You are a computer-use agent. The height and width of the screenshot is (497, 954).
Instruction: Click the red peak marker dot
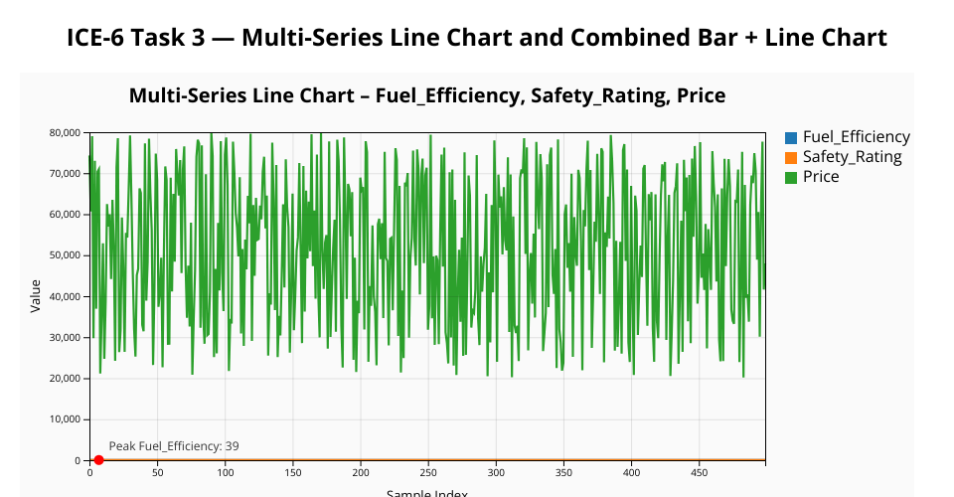pyautogui.click(x=98, y=459)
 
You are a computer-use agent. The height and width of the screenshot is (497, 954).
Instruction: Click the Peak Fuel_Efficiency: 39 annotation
pyautogui.click(x=173, y=446)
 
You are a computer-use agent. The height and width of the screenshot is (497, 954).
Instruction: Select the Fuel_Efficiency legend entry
pyautogui.click(x=856, y=137)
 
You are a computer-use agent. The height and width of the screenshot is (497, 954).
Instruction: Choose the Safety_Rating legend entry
pyautogui.click(x=852, y=157)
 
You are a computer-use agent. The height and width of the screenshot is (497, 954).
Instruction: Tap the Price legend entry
pyautogui.click(x=821, y=177)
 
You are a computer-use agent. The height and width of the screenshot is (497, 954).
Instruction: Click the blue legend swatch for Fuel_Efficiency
pyautogui.click(x=791, y=137)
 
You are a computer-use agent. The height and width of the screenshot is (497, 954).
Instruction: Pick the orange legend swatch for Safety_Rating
pyautogui.click(x=791, y=157)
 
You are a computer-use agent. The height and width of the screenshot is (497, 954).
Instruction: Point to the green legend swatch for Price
pyautogui.click(x=791, y=177)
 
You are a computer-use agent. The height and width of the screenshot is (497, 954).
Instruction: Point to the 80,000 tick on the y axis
pyautogui.click(x=65, y=133)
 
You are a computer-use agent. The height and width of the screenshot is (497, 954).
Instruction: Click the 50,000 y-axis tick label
pyautogui.click(x=65, y=255)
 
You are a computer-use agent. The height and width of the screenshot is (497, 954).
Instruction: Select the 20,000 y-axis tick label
pyautogui.click(x=65, y=379)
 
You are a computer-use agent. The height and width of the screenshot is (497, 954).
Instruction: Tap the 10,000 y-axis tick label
pyautogui.click(x=65, y=419)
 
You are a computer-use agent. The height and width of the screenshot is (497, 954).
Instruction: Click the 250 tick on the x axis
pyautogui.click(x=428, y=473)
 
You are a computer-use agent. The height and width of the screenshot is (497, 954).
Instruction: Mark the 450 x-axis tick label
pyautogui.click(x=700, y=473)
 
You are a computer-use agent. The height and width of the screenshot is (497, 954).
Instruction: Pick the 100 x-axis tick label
pyautogui.click(x=226, y=473)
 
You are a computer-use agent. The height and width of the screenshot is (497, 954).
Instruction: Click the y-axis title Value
pyautogui.click(x=36, y=295)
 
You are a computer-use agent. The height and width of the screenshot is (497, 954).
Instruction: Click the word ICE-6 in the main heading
pyautogui.click(x=99, y=39)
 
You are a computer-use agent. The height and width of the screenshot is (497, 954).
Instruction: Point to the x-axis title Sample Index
pyautogui.click(x=427, y=492)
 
